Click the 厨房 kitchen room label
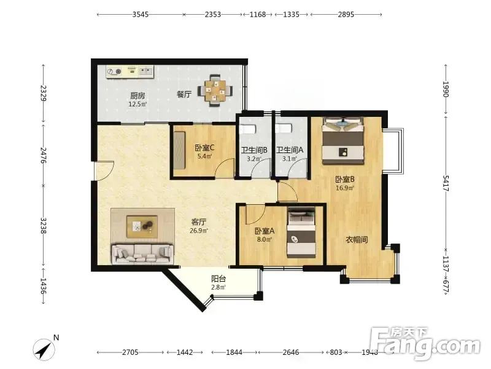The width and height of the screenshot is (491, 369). coord(137,95)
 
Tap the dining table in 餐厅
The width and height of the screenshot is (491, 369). coord(215,91)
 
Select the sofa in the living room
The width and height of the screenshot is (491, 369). coord(142,253)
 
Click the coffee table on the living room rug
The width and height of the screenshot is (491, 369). coord(142,226)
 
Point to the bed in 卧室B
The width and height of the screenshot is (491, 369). coord(343,141)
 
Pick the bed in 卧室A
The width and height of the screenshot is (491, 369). coord(301,232)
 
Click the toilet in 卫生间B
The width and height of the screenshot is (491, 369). coord(248,129)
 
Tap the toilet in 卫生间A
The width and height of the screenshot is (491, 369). coord(284,129)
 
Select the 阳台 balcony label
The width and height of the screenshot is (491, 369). coord(218,279)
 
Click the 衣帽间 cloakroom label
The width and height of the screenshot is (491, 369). coord(357,240)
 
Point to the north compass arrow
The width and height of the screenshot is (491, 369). coord(44,349)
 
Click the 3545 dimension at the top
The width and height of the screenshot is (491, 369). coord(141,14)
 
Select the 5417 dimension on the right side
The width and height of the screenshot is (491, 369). coord(446,183)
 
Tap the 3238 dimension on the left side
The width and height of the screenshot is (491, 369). coord(44,226)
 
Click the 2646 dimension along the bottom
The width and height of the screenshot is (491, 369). coord(290,352)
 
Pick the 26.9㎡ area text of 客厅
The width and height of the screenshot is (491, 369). coord(199,231)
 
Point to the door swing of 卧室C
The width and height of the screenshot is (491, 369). coord(225,168)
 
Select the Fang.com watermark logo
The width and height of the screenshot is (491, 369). coord(425,343)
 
